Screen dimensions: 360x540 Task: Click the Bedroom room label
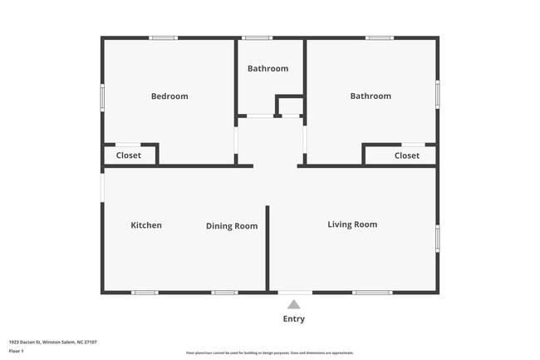(169, 96)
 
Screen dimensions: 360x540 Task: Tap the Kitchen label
(146, 225)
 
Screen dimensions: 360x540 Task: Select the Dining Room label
(232, 226)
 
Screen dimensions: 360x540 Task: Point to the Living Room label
(352, 224)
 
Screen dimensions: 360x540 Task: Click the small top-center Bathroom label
(268, 68)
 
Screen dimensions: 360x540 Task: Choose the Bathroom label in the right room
(370, 96)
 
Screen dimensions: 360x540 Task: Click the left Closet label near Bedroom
(128, 155)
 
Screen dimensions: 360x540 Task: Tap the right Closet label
(407, 155)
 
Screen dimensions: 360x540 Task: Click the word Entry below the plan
(294, 319)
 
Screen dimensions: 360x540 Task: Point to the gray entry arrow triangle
(294, 304)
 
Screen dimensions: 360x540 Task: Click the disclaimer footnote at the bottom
(270, 353)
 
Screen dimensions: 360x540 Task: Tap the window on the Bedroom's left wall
(102, 96)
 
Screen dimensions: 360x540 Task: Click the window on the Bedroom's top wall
(163, 37)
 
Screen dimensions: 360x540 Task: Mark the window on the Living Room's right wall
(438, 238)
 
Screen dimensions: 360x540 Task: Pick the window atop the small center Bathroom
(258, 37)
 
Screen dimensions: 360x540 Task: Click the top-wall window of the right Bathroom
(380, 37)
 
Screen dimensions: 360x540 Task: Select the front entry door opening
(295, 292)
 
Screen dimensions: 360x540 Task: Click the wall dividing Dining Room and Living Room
(268, 248)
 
